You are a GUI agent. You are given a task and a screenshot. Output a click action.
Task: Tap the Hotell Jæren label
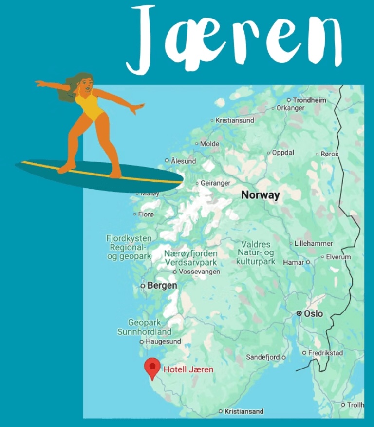pos(188,369)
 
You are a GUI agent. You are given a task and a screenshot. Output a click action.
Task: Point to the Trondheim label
pos(309,100)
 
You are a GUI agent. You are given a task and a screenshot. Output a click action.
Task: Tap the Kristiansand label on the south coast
pos(243,411)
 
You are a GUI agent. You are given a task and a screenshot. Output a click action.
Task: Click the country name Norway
pos(261,195)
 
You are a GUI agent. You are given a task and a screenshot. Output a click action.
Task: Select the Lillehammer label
pos(314,243)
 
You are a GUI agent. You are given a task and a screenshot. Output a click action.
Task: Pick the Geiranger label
pos(215,183)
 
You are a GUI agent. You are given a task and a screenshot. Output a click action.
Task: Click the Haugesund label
pos(163,342)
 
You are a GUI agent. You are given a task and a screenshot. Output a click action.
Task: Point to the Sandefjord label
pos(262,357)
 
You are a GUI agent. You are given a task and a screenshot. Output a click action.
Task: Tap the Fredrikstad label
pos(326,353)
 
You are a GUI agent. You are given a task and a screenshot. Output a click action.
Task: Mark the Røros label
pos(329,154)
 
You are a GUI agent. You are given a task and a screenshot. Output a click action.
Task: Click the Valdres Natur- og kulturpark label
pos(256,253)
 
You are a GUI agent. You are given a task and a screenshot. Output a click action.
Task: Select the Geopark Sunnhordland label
pos(144,327)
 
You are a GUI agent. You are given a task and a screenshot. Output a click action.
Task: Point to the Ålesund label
pos(183,161)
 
